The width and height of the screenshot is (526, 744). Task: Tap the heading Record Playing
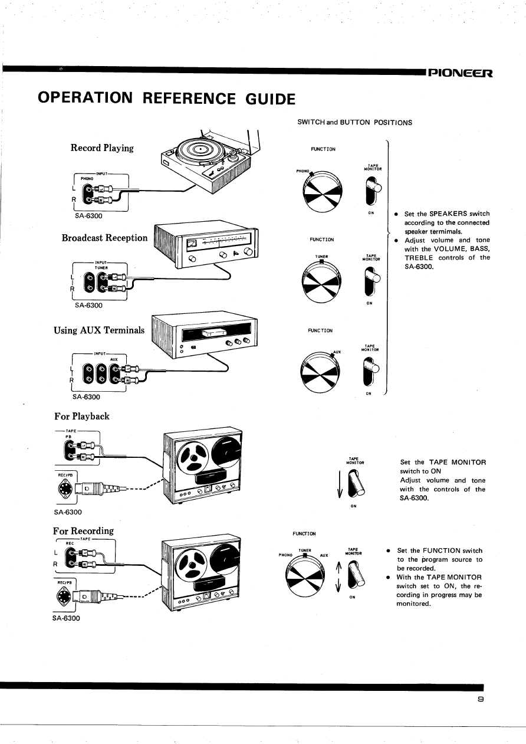click(102, 148)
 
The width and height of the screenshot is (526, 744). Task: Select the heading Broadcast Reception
click(104, 238)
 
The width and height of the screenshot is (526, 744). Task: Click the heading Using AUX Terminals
click(99, 330)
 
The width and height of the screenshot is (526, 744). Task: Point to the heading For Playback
click(81, 416)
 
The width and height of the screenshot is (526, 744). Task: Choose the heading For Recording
click(83, 530)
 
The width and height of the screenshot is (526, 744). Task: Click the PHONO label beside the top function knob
click(303, 172)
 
